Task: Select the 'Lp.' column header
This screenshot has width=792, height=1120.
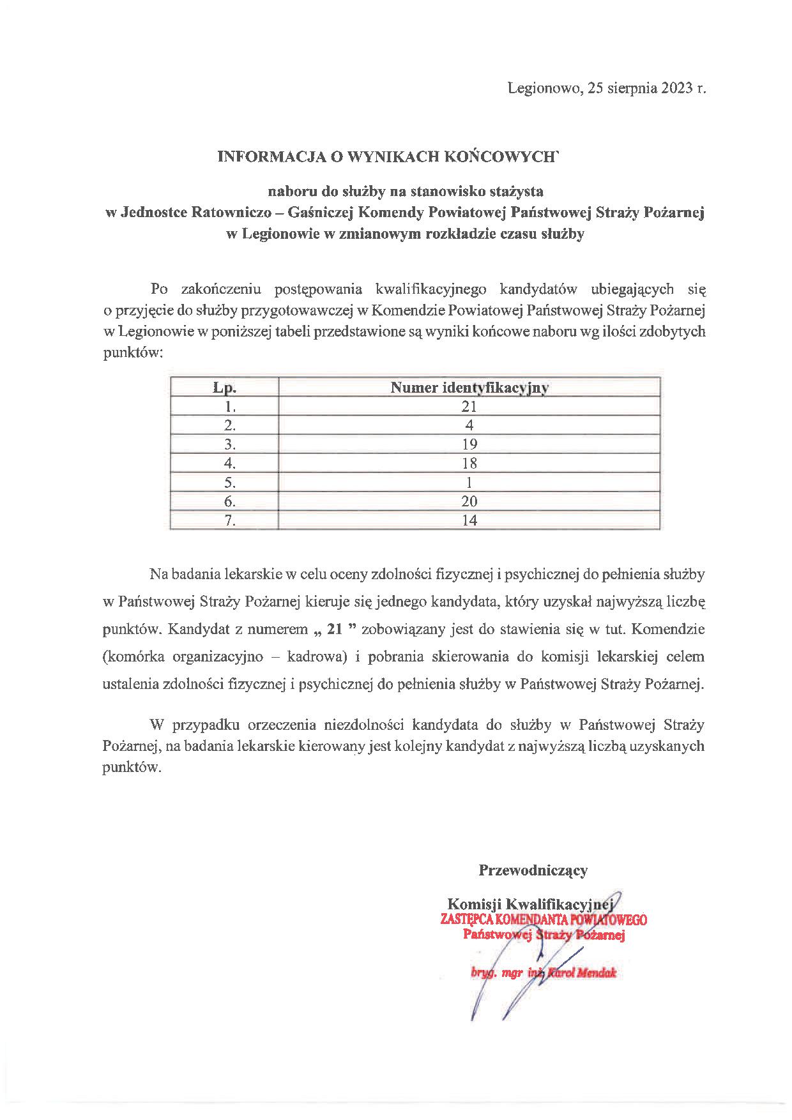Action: (x=225, y=388)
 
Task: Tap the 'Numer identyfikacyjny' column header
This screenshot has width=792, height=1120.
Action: (x=469, y=388)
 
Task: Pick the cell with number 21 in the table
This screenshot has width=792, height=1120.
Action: (x=469, y=407)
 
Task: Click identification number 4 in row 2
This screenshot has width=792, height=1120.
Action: (x=469, y=425)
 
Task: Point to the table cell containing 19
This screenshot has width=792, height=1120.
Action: (x=469, y=444)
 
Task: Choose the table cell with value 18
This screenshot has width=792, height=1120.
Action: (x=469, y=463)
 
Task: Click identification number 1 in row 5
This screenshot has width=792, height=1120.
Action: (x=469, y=482)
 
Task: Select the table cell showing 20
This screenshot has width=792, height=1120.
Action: (x=469, y=501)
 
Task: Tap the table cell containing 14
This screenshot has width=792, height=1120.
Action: (x=469, y=520)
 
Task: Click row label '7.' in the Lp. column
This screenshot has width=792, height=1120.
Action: (x=231, y=520)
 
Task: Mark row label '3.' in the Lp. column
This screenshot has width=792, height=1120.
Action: (x=231, y=444)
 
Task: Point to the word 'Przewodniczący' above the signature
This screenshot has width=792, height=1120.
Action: (x=533, y=870)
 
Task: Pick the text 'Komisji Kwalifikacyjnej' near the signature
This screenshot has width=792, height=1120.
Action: (x=530, y=904)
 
